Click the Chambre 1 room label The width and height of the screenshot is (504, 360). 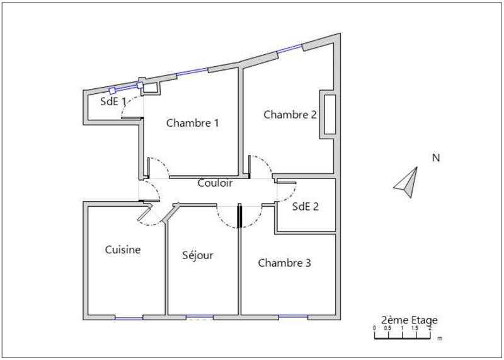[x=192, y=124]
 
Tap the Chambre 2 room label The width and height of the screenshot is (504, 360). [x=290, y=115]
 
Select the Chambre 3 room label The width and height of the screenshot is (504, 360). [x=284, y=263]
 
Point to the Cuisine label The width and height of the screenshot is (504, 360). [x=122, y=250]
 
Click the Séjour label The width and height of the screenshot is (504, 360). [x=198, y=255]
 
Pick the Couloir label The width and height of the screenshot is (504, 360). [x=215, y=184]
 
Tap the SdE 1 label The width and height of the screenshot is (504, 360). [x=113, y=102]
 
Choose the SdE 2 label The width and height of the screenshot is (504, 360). [x=306, y=206]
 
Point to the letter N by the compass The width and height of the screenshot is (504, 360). [x=435, y=158]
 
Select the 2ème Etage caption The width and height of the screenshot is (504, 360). [x=409, y=320]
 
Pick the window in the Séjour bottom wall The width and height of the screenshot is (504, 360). [x=200, y=316]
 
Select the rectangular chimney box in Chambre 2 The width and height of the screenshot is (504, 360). [x=329, y=113]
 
